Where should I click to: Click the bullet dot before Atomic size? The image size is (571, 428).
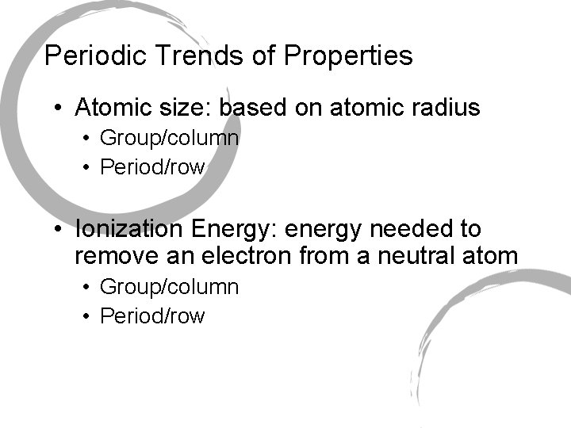coord(59,107)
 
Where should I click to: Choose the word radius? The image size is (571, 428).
coord(445,107)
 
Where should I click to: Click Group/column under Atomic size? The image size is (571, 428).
coord(169,139)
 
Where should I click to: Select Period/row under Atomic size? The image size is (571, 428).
coord(152,167)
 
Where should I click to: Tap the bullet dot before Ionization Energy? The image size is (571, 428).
coord(59,230)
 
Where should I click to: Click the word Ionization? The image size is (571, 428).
coord(130,230)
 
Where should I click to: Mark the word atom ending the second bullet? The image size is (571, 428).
coord(492,256)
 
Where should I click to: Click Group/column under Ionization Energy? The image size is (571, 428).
coord(169,287)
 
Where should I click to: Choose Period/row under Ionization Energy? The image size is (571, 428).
coord(152,316)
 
